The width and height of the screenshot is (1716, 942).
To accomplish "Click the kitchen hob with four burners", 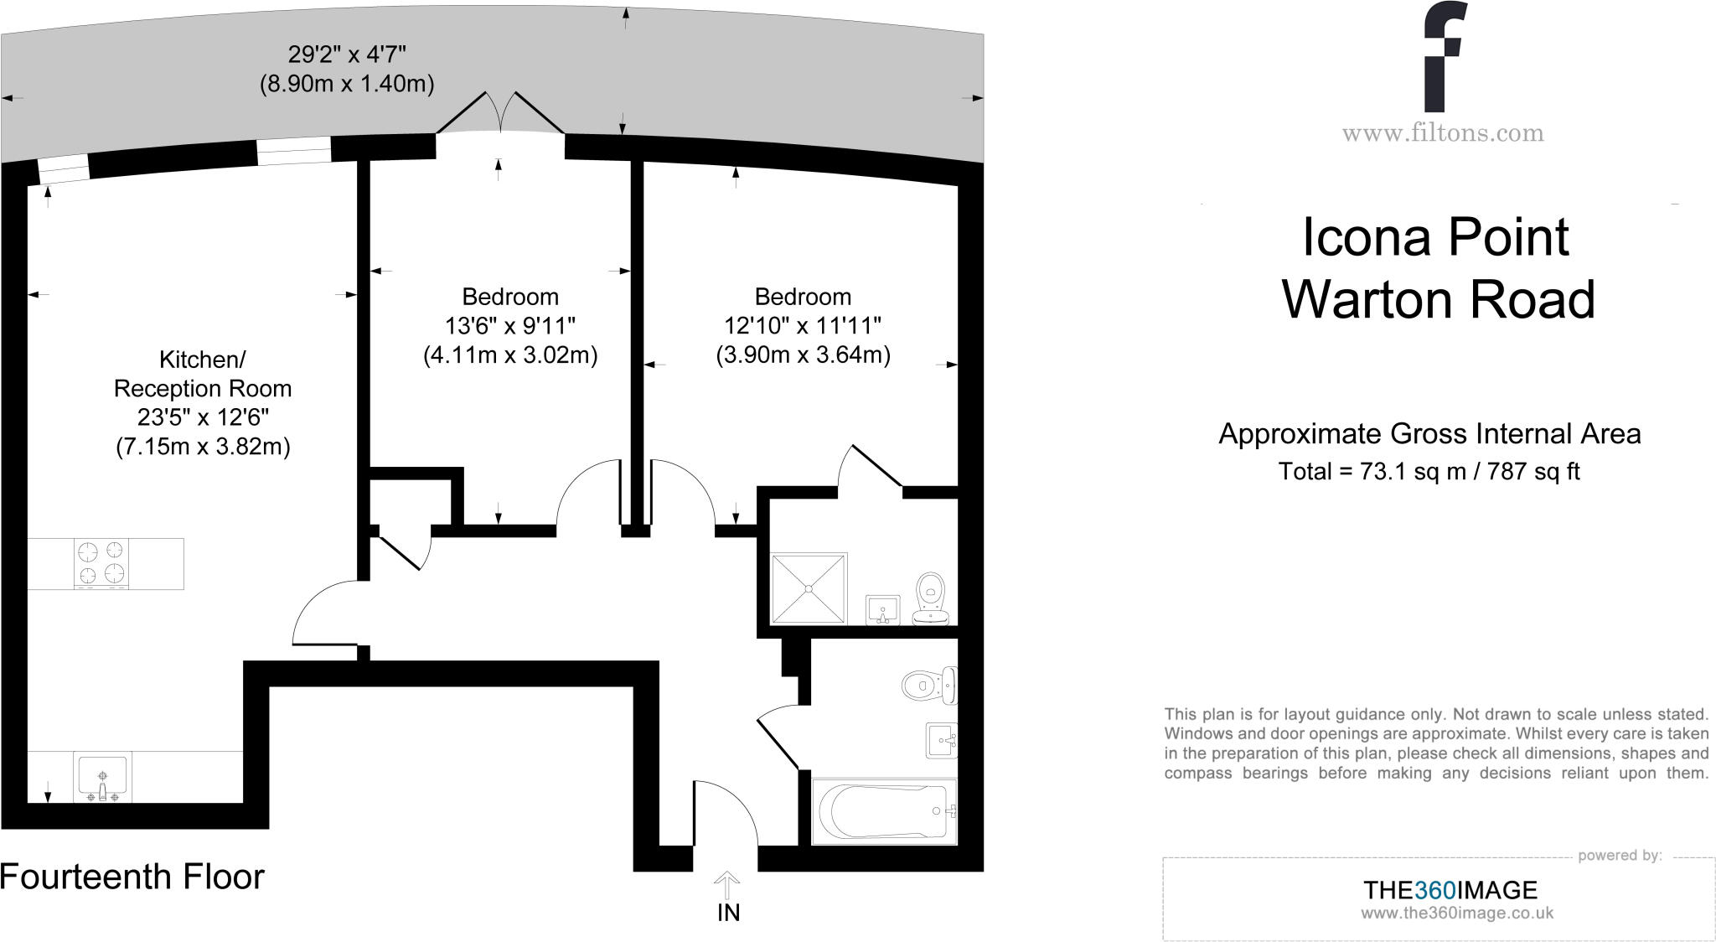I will point(101,562).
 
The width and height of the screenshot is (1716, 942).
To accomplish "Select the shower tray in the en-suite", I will point(809,588).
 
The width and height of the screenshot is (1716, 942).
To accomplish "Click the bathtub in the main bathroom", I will point(884,811).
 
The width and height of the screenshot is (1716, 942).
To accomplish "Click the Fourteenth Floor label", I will point(132,877).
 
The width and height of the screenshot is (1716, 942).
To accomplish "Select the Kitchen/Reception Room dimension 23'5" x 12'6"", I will point(203,417).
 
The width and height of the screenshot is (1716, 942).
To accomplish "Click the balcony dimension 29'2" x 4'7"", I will point(347,55).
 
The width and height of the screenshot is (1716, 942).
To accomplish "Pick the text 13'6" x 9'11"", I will point(510,325).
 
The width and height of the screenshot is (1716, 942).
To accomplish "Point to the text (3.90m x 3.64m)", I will point(803,355).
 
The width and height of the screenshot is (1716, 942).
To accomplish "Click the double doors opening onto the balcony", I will point(500,117).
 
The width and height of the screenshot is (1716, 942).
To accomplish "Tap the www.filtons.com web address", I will point(1442,133).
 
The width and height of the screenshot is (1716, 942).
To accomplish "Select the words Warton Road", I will point(1438,300).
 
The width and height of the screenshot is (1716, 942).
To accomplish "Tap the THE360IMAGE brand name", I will point(1450,890).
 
